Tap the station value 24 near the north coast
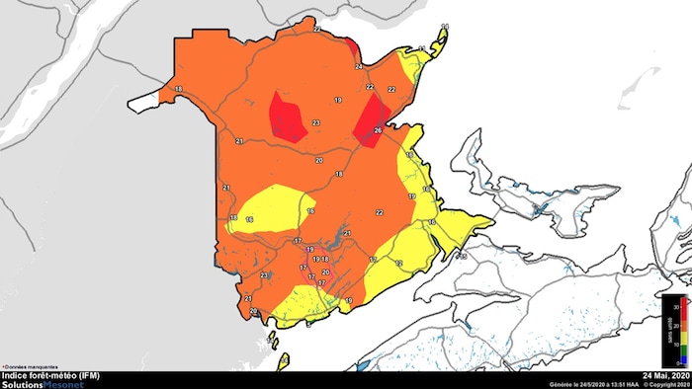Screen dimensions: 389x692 [x=359, y=67]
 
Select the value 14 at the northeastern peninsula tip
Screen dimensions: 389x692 [x=445, y=27]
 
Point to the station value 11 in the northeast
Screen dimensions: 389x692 [x=422, y=48]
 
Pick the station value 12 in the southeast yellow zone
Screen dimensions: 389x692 [x=399, y=264]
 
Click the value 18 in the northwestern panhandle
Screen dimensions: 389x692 [x=178, y=90]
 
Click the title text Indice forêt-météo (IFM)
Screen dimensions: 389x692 [x=49, y=376]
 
